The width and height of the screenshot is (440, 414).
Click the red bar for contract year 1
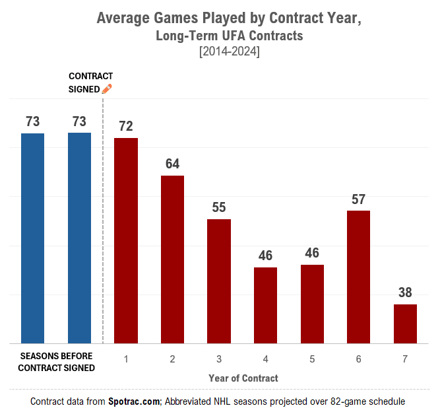point(126,240)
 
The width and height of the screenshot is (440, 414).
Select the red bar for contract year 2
point(172,259)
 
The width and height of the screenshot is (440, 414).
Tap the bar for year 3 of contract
point(219,281)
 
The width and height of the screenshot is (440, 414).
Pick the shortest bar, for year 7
point(405,324)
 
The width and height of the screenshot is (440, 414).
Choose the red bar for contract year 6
point(358,277)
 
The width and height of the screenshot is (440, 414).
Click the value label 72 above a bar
point(126,126)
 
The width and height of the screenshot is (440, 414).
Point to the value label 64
point(172,164)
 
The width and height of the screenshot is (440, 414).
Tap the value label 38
point(405,293)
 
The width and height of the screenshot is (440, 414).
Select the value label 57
point(358,199)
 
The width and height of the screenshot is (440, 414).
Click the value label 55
point(219,207)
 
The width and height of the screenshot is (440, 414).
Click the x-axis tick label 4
point(265,359)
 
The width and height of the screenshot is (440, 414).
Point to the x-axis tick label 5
point(312,359)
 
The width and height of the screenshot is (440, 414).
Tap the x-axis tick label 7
point(405,359)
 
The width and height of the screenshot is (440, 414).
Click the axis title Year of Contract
point(243,378)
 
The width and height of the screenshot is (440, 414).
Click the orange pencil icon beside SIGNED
point(107,88)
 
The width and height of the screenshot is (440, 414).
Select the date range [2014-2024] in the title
point(229,52)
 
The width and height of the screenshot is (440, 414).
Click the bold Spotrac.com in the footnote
point(135,401)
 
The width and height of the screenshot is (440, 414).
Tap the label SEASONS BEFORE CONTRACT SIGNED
point(56,362)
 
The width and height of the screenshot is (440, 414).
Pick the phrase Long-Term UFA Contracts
point(229,36)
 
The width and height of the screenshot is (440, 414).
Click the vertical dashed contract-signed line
point(104,224)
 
